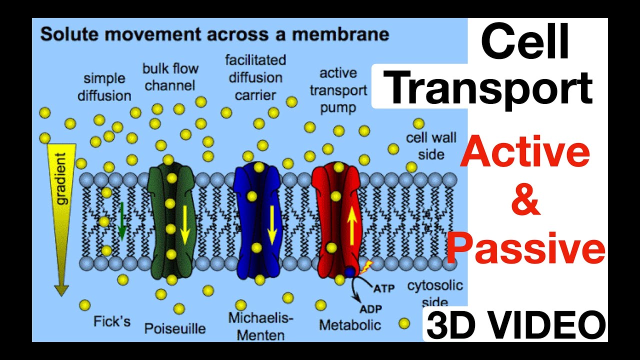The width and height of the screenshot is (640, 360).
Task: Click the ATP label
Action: [384, 288]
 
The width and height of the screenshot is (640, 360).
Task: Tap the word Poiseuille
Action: [175, 328]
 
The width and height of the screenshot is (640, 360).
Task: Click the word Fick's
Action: [112, 320]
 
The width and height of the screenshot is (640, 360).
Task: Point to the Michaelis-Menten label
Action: [261, 325]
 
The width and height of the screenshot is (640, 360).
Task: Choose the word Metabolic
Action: [350, 324]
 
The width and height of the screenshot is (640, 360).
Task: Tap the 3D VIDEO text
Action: [515, 324]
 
